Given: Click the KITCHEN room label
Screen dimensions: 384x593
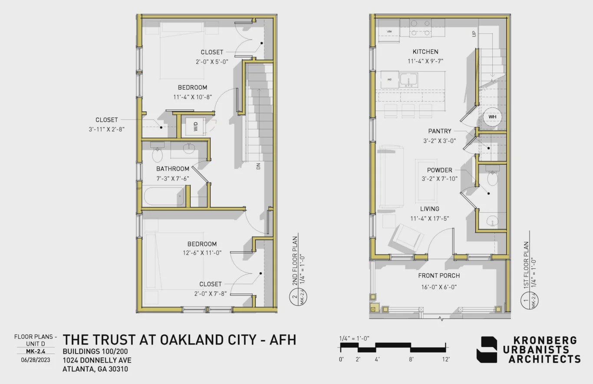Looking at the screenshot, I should click(425, 52).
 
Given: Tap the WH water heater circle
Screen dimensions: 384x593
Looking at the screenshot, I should click(492, 117).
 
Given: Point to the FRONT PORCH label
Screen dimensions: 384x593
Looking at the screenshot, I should click(439, 276).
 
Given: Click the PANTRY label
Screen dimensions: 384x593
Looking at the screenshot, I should click(439, 131).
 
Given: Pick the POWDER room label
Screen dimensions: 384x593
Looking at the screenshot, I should click(439, 170).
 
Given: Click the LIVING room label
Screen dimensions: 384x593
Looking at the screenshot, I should click(429, 209).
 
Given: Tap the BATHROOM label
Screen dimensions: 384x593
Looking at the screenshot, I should click(173, 169).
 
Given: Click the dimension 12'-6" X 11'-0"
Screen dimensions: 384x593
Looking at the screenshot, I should click(202, 253).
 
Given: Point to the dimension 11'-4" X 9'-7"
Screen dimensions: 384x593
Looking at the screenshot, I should click(425, 62).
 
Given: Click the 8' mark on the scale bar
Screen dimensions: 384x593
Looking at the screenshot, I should click(411, 359).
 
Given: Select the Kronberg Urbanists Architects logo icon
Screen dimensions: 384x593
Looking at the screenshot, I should click(488, 350).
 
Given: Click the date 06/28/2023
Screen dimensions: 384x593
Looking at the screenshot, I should click(36, 360).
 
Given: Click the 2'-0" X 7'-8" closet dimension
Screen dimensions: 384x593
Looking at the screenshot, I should click(211, 294).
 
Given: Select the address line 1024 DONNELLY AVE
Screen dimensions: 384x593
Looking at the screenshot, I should click(97, 360).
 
